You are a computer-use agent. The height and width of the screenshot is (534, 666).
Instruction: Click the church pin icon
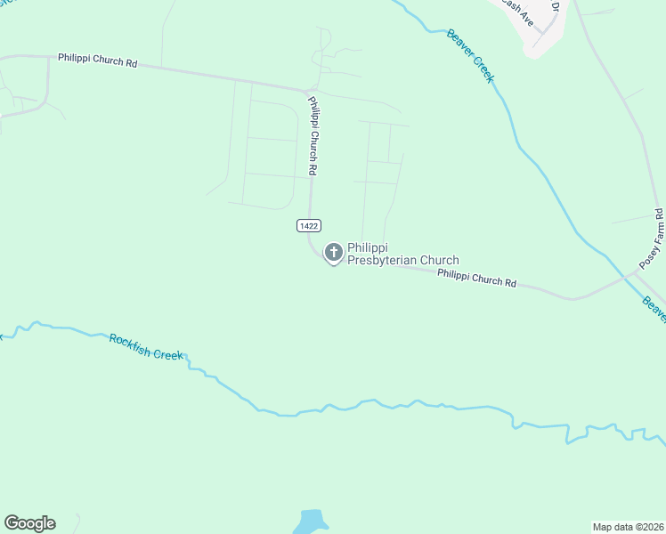333,254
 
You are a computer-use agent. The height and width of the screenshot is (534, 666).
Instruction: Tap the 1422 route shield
308,227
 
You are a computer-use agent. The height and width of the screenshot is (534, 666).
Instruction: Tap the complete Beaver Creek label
470,55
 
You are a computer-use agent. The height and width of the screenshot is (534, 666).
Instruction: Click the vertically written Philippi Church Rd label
313,134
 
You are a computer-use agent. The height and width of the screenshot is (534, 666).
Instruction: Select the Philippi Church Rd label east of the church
476,278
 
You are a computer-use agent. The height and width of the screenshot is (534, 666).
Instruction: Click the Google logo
29,523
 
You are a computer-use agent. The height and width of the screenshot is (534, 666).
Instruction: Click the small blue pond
310,522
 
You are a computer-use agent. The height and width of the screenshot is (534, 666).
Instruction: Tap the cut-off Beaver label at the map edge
654,308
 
